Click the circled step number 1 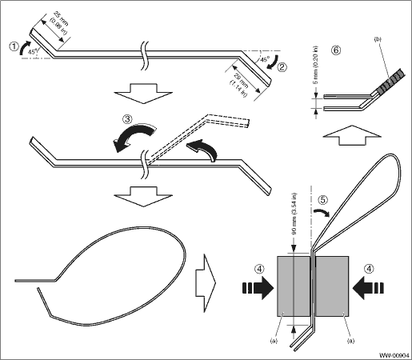tap(14, 46)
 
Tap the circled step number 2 tap(282, 66)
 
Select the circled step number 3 tap(127, 119)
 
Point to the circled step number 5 tap(322, 200)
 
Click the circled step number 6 tap(337, 50)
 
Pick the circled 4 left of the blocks tap(259, 269)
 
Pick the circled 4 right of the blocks tap(369, 269)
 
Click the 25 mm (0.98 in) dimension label tap(59, 23)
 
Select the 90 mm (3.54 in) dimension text tap(294, 214)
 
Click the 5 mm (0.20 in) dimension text tap(315, 66)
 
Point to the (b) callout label tap(378, 39)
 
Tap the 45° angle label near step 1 tap(32, 52)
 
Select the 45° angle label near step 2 tap(264, 59)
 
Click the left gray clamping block tap(294, 286)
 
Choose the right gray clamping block tap(332, 286)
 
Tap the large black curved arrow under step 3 tap(134, 136)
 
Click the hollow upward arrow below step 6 tap(352, 135)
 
